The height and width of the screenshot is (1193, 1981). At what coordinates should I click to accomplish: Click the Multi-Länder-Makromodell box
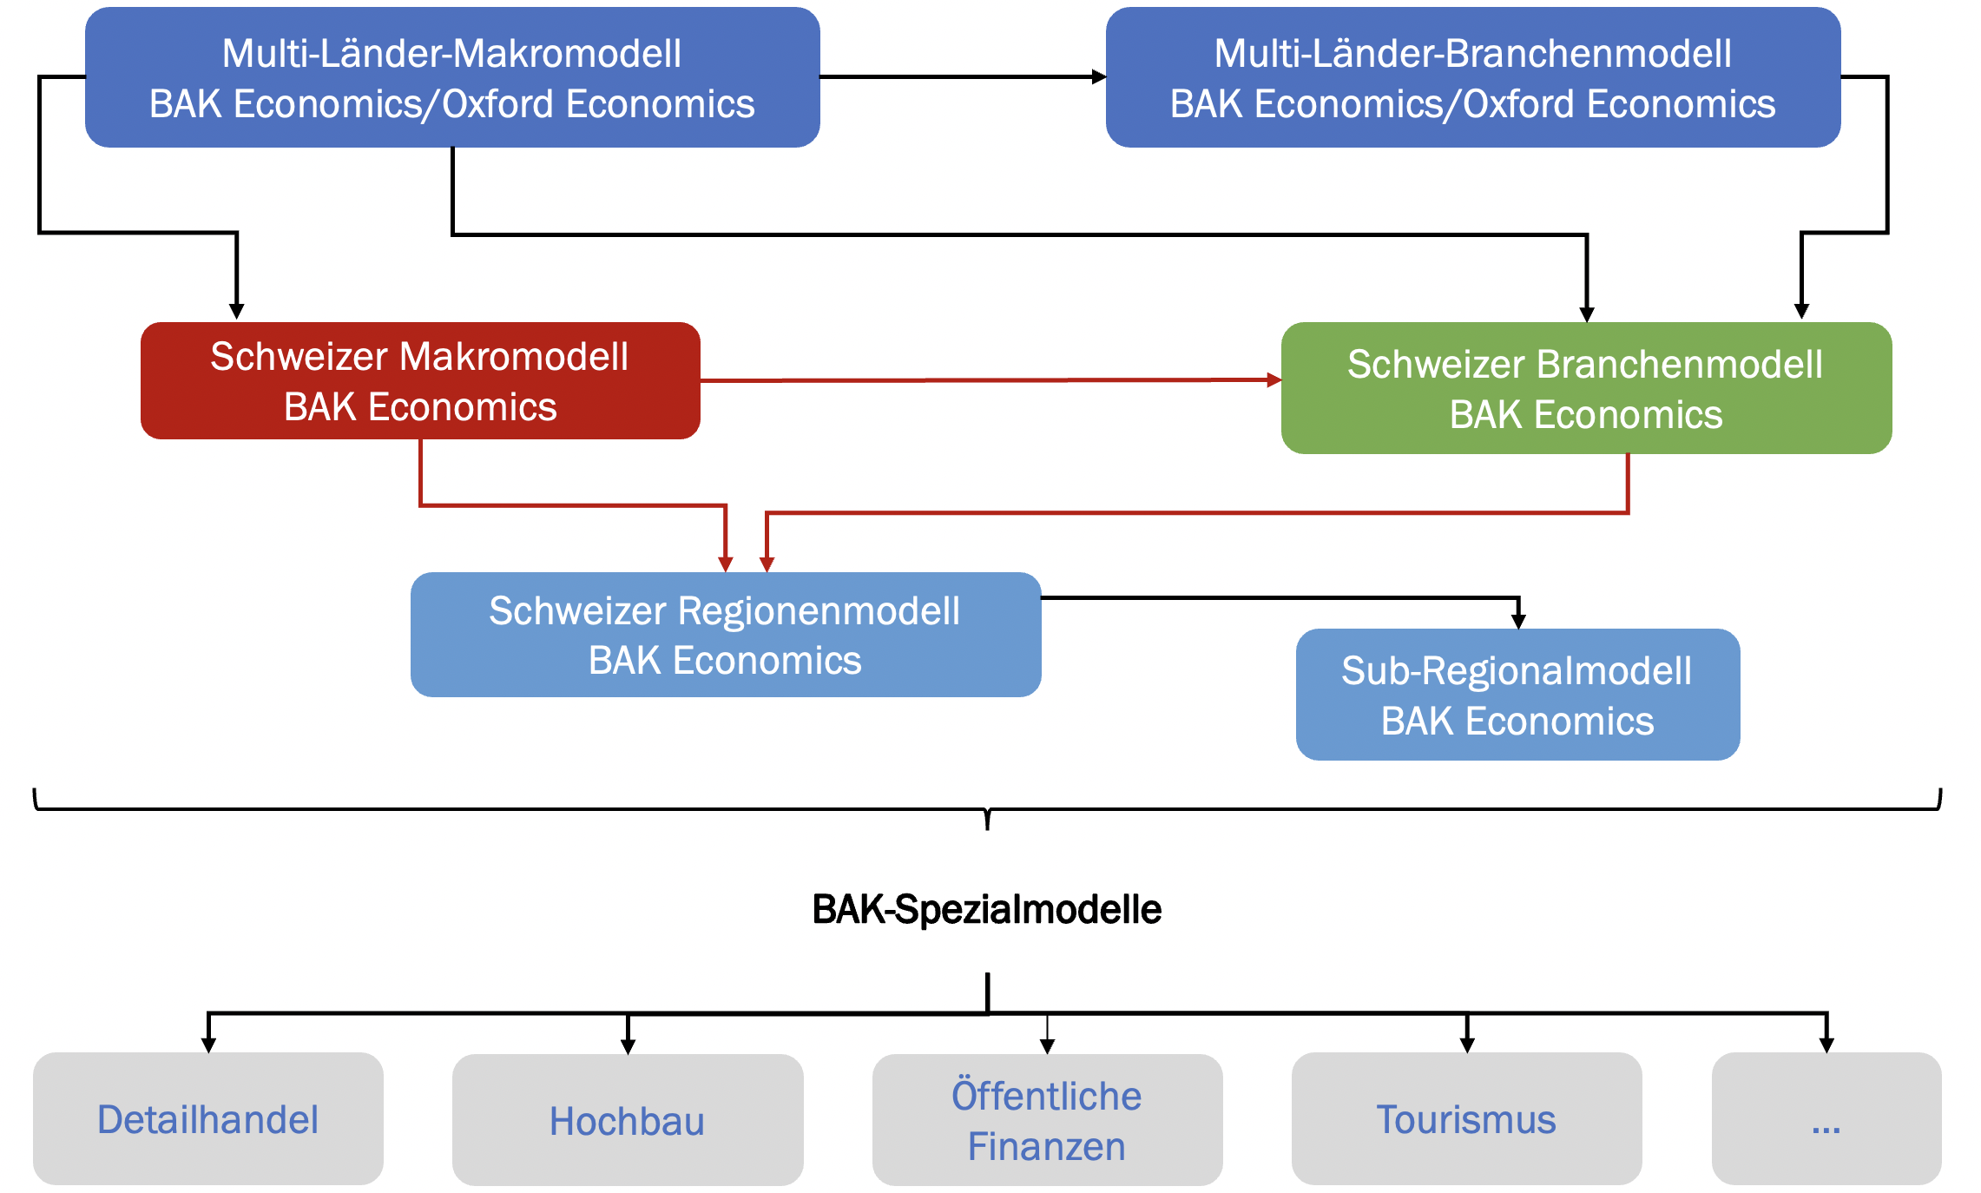point(452,77)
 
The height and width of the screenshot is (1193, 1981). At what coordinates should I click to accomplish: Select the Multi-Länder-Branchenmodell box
point(1473,77)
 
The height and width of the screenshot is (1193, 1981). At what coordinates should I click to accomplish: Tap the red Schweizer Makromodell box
point(420,380)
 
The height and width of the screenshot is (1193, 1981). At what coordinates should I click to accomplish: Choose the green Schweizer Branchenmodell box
point(1586,388)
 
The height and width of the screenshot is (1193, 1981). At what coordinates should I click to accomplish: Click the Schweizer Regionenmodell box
point(726,635)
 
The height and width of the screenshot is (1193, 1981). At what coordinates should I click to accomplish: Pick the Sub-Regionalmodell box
point(1517,695)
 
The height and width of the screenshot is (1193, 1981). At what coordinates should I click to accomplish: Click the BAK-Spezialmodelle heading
point(987,909)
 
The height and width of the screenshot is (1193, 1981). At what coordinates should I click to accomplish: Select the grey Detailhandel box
point(208,1118)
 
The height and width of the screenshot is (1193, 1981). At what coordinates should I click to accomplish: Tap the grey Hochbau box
point(628,1119)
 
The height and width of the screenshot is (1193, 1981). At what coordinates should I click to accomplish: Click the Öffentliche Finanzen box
point(1048,1119)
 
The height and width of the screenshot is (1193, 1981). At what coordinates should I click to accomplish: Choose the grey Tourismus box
point(1467,1118)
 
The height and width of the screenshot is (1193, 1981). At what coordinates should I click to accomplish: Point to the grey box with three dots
point(1826,1118)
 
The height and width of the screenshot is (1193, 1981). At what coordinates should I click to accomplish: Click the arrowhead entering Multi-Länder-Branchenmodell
point(1099,77)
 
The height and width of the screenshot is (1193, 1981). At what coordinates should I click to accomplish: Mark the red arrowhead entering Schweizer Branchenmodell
point(1274,379)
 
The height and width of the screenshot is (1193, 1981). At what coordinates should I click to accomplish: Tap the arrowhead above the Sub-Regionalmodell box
point(1518,621)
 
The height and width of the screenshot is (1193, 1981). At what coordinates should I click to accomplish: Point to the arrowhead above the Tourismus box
point(1467,1045)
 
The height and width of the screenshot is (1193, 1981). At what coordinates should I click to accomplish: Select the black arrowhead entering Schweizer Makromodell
point(236,312)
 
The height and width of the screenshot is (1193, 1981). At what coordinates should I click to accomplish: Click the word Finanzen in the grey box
point(1047,1147)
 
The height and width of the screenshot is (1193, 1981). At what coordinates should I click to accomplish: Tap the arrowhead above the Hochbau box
point(628,1046)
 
